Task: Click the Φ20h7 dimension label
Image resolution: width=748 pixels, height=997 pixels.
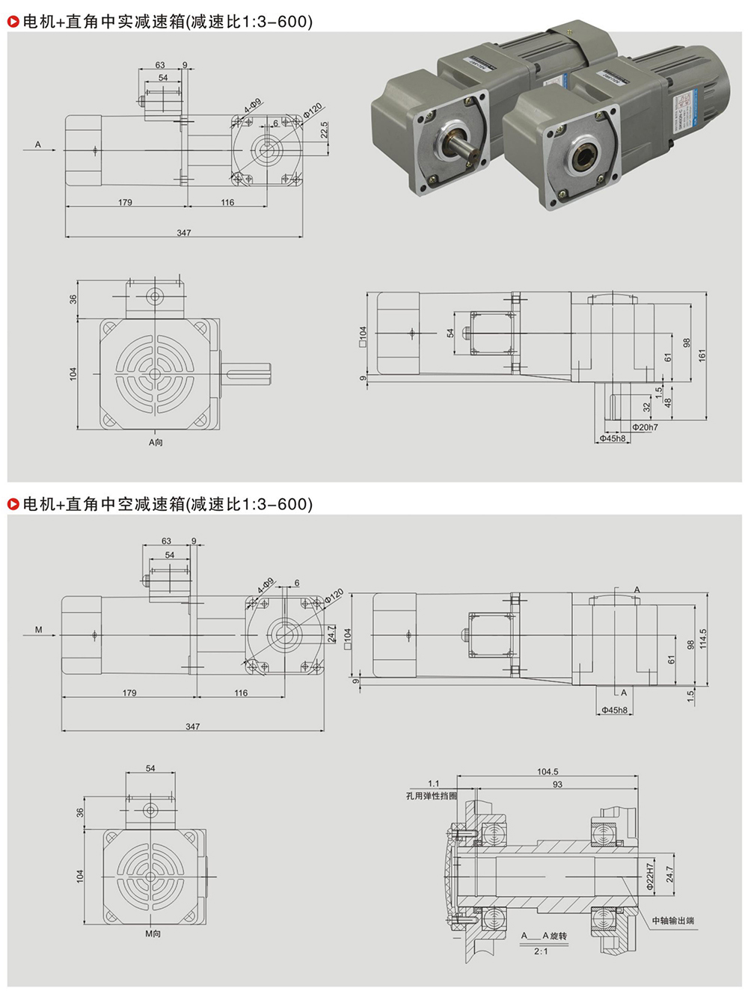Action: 645,428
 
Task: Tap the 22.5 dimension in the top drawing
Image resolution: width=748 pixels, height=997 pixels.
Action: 325,130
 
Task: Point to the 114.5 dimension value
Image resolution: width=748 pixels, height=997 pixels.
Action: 702,638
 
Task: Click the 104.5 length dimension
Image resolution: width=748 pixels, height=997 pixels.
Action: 548,772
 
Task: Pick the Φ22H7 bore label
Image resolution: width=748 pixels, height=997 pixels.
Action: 649,873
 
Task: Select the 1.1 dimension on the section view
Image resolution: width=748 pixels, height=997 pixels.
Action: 434,784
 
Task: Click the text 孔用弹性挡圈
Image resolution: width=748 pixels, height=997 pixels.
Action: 432,796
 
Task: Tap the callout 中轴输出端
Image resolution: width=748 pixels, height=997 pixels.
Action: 672,921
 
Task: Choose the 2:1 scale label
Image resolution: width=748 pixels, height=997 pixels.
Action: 542,951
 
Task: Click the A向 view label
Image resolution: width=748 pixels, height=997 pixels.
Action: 156,443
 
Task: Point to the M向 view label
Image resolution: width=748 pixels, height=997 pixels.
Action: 153,934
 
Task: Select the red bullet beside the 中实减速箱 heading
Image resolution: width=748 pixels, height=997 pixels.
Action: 13,22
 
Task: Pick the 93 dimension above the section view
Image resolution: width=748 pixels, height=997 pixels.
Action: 557,785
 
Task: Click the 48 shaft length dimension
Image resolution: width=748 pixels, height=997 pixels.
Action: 668,402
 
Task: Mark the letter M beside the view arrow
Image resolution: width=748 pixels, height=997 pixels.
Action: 39,630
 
